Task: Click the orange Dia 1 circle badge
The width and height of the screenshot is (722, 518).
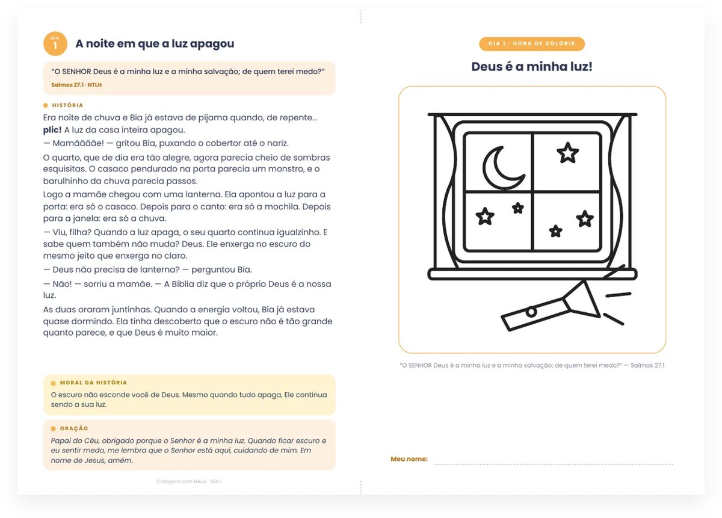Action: (x=55, y=43)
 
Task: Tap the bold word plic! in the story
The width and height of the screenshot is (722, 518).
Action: (x=52, y=130)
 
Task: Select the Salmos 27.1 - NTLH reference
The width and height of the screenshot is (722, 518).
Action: (x=76, y=85)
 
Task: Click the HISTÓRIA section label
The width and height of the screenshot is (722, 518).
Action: (x=67, y=105)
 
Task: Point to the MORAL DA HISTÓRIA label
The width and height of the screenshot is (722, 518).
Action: (x=93, y=383)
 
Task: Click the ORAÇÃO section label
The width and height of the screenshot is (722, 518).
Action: (x=74, y=428)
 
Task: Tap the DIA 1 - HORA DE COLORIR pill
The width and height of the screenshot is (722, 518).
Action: (x=531, y=44)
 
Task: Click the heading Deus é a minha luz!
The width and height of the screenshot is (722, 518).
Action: (x=532, y=66)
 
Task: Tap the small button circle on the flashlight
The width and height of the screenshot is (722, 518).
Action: (x=531, y=312)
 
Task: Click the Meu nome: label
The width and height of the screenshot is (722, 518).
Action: (x=409, y=458)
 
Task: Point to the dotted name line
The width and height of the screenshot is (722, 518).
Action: (x=554, y=464)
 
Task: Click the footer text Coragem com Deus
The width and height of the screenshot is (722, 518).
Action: (x=181, y=481)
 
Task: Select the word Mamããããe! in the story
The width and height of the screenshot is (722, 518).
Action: (x=78, y=143)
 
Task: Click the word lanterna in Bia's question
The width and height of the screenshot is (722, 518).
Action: (x=156, y=270)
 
